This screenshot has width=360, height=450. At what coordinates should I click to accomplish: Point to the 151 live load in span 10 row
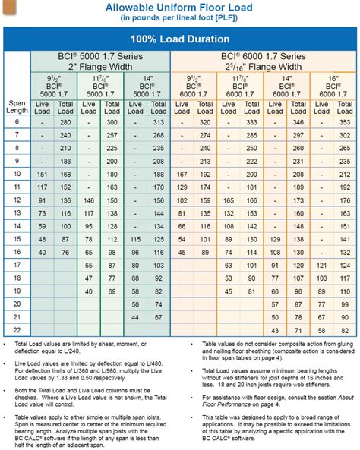[43, 174]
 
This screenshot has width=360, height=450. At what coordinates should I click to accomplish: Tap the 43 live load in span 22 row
[276, 331]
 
